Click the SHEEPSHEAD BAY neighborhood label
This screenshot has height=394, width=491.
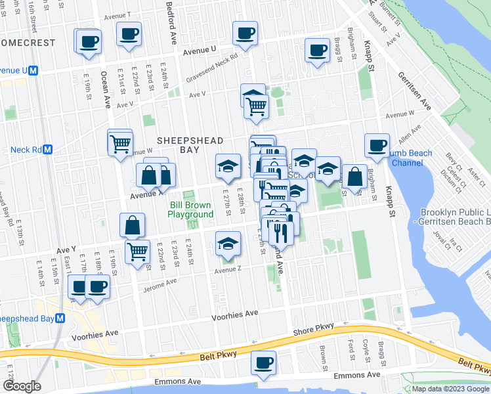[190, 145]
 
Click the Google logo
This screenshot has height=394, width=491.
[22, 386]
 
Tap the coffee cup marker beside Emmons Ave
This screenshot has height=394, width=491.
[263, 363]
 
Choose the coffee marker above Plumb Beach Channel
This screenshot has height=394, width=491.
[377, 146]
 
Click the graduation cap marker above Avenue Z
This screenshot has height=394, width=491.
[227, 245]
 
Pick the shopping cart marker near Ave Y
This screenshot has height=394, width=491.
[137, 251]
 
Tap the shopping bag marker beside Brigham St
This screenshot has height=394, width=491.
[355, 177]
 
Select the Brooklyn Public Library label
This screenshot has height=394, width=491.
[456, 218]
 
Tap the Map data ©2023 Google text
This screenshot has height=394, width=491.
[450, 389]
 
